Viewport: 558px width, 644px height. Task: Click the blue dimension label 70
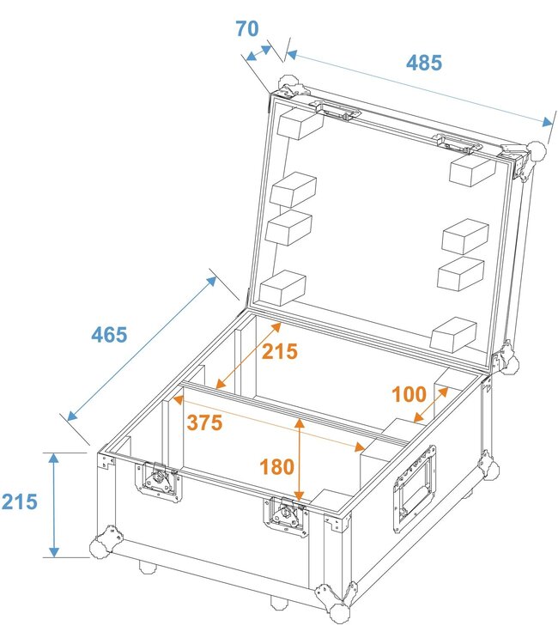[247, 28]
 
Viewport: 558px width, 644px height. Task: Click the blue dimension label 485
[424, 63]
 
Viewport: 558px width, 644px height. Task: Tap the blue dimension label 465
[109, 334]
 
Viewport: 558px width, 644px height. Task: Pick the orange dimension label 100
[409, 394]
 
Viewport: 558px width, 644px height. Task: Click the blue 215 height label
[19, 501]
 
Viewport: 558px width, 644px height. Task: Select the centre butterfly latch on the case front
[286, 517]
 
